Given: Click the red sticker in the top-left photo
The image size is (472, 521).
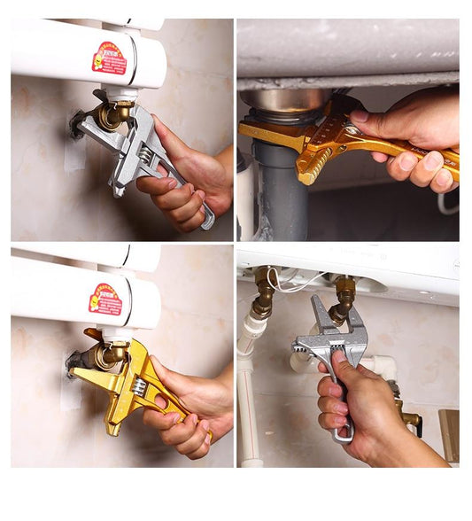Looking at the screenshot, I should pyautogui.click(x=110, y=58).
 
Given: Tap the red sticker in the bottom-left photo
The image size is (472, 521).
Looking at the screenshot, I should pyautogui.click(x=105, y=299).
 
